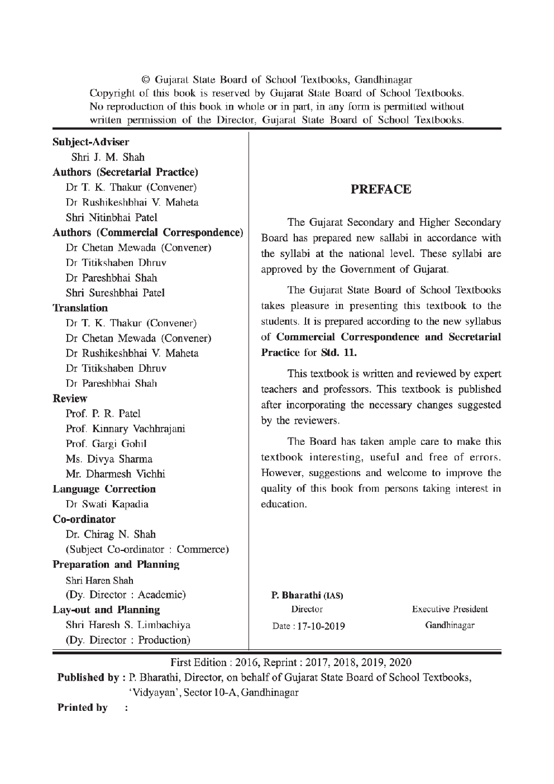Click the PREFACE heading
(381, 189)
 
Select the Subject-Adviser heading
(90, 142)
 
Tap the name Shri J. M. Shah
(108, 157)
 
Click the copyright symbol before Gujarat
(146, 79)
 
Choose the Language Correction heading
(104, 489)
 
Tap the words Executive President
(450, 609)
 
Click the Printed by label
(83, 707)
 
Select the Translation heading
(80, 308)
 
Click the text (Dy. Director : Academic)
(126, 595)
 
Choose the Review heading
(70, 398)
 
